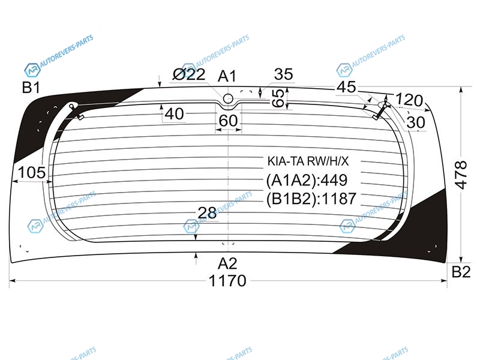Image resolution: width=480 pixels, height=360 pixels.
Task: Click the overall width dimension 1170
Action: pyautogui.click(x=227, y=281)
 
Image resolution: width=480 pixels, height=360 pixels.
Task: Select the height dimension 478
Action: pyautogui.click(x=461, y=175)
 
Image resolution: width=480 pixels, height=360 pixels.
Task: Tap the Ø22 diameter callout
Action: pyautogui.click(x=189, y=74)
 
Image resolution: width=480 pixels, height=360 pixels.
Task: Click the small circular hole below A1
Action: pyautogui.click(x=228, y=98)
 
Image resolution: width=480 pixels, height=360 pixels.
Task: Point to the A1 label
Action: pyautogui.click(x=227, y=76)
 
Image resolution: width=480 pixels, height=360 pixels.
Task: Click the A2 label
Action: pyautogui.click(x=227, y=263)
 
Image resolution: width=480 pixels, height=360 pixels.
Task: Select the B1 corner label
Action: pyautogui.click(x=31, y=88)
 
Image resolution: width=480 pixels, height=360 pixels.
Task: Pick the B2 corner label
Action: pyautogui.click(x=461, y=272)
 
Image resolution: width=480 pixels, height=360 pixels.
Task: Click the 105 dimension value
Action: pyautogui.click(x=32, y=173)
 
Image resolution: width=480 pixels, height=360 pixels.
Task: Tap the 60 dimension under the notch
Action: pyautogui.click(x=228, y=121)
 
